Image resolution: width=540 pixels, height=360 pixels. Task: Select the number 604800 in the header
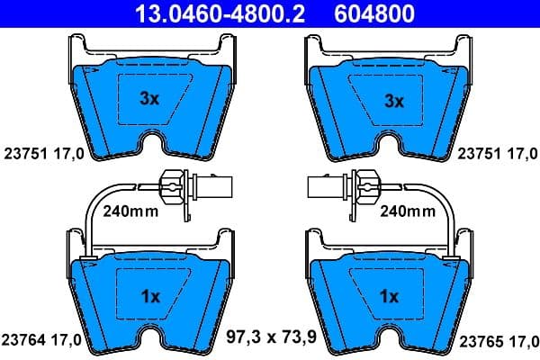point(376,13)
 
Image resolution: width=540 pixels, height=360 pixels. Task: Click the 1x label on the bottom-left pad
point(150,295)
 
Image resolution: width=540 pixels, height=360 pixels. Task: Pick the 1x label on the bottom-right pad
point(390,295)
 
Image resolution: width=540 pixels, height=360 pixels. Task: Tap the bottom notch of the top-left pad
point(150,149)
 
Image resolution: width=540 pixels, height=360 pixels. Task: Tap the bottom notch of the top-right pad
point(390,149)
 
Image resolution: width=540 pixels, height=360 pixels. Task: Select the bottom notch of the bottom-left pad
point(150,344)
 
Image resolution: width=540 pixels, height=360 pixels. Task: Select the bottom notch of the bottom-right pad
point(390,344)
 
